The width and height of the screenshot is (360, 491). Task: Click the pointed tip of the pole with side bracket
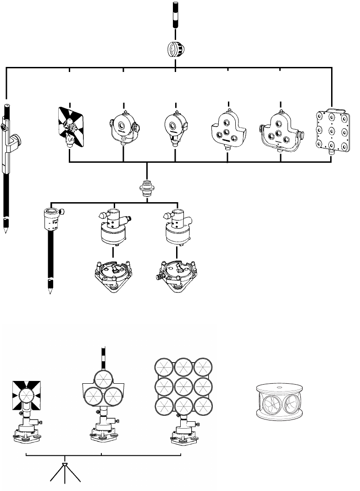pyautogui.click(x=6, y=229)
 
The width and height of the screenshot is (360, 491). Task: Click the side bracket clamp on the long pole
pyautogui.click(x=16, y=140)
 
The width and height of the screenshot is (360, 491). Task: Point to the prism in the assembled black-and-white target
pyautogui.click(x=28, y=395)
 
